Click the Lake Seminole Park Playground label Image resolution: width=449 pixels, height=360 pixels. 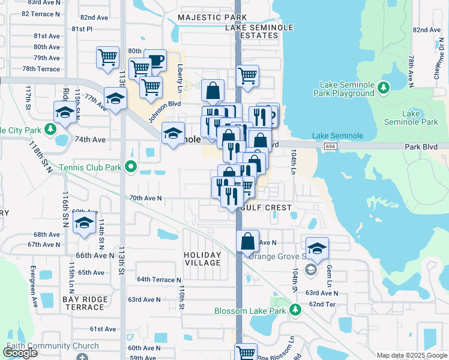click(x=344, y=89)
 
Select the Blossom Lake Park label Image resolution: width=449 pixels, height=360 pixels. click(x=251, y=310)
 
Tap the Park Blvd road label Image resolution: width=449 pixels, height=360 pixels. click(x=427, y=146)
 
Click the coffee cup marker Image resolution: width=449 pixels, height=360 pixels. click(x=155, y=60)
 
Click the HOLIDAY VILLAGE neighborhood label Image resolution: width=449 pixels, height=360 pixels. click(x=202, y=259)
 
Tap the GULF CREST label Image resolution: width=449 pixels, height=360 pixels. click(x=266, y=208)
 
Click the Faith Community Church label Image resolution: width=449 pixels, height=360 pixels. click(x=53, y=346)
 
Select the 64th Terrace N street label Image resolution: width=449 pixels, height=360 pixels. click(x=159, y=280)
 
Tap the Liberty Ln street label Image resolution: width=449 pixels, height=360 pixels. click(x=179, y=75)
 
